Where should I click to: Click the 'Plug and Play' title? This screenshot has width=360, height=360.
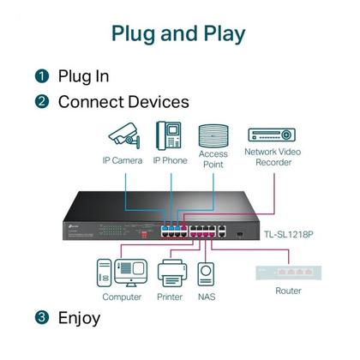(179, 33)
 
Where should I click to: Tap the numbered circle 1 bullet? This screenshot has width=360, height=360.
(41, 76)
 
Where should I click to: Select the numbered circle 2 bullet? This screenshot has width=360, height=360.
(41, 102)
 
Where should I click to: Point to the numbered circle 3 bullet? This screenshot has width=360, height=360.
(41, 318)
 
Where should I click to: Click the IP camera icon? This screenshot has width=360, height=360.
(122, 135)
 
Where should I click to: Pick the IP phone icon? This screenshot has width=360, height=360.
(169, 135)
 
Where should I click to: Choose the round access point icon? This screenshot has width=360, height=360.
(213, 136)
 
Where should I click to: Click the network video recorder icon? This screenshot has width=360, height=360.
(272, 135)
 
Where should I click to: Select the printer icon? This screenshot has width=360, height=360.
(170, 273)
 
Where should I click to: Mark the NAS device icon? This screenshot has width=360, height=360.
(206, 273)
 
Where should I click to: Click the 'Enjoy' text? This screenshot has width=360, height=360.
(79, 318)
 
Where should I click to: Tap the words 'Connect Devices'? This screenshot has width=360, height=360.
(123, 102)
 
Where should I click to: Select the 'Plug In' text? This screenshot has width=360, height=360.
(83, 76)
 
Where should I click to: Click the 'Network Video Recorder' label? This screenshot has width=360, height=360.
(272, 158)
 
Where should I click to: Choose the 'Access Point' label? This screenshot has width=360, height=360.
(213, 159)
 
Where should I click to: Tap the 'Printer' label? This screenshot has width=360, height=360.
(170, 297)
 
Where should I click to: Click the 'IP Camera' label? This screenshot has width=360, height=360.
(122, 159)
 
